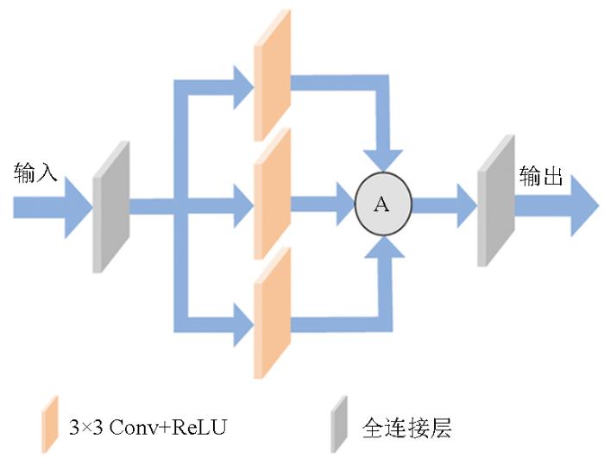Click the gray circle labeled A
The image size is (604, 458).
(x=383, y=204)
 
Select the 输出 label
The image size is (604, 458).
(x=541, y=177)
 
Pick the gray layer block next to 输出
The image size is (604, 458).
(x=495, y=200)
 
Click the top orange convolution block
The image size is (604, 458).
(x=272, y=76)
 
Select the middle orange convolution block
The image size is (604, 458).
(x=272, y=195)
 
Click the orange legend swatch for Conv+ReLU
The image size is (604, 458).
(x=50, y=424)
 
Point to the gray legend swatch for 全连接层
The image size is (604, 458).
(x=339, y=424)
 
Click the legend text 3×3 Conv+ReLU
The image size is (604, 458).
(x=148, y=426)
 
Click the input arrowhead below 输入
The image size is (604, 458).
(x=78, y=207)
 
